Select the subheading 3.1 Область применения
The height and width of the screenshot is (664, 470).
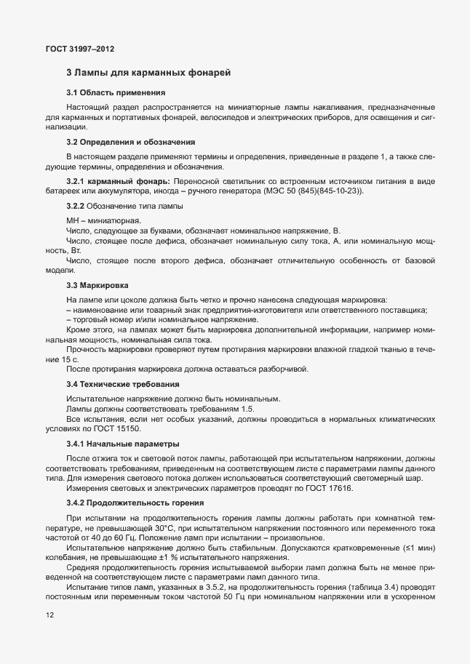coord(116,92)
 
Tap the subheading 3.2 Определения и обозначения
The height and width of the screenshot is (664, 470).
coord(130,141)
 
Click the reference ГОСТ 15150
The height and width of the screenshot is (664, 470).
coord(121,429)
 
